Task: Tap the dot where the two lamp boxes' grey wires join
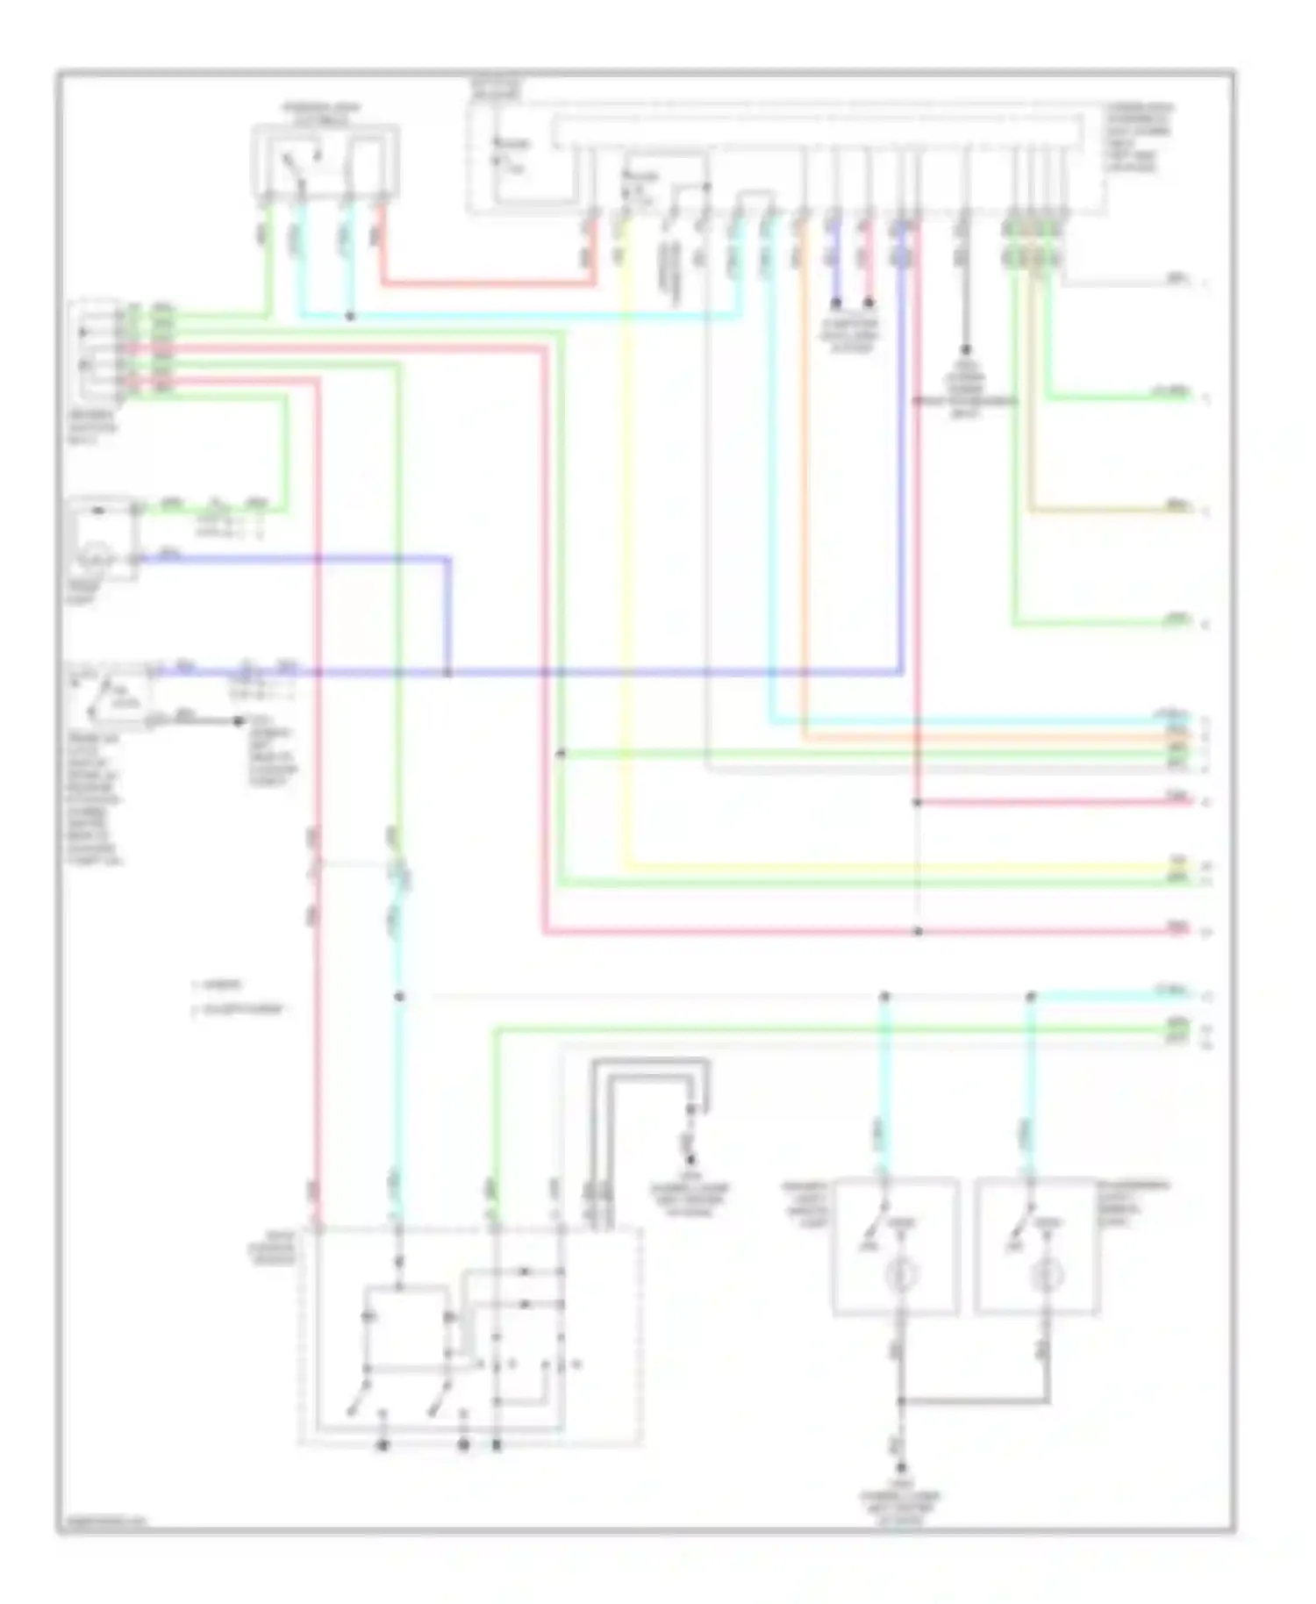click(901, 1401)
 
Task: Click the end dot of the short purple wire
click(836, 303)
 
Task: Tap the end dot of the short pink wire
click(869, 303)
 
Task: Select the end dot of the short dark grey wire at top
click(964, 348)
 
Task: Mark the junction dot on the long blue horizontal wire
click(448, 673)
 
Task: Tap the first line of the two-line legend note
click(219, 985)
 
